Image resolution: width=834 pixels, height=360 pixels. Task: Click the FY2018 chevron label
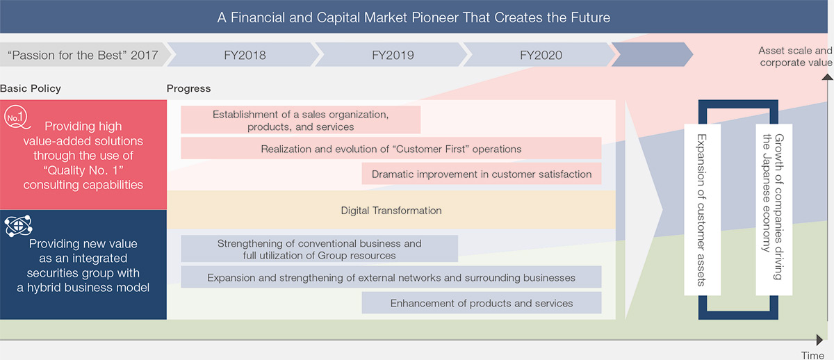[x=245, y=55]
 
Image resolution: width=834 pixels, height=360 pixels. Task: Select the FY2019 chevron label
[x=393, y=55]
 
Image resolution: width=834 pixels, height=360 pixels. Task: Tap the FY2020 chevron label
[x=541, y=55]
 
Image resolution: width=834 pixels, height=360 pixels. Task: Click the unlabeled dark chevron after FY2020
[x=653, y=54]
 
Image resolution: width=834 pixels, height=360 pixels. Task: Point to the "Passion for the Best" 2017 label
[x=83, y=55]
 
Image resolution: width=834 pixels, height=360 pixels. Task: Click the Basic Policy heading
[x=31, y=88]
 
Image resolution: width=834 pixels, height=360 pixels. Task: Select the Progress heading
[x=188, y=88]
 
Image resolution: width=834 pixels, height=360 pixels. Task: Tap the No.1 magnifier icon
[x=17, y=117]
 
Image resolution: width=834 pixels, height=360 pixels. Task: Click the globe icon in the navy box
[x=19, y=226]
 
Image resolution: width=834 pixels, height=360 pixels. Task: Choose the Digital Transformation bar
[x=391, y=210]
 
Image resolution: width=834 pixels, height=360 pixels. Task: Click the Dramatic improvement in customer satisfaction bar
[x=482, y=174]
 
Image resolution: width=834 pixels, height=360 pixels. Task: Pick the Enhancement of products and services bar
[x=482, y=303]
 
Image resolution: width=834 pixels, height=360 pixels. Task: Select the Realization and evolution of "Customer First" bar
[x=391, y=148]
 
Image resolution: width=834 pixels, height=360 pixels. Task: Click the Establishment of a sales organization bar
[x=300, y=120]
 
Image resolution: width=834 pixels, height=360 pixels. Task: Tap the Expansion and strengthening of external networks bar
[x=391, y=277]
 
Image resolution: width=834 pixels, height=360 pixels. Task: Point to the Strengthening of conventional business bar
[x=320, y=249]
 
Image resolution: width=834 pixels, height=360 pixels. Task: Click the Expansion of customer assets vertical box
[x=702, y=210]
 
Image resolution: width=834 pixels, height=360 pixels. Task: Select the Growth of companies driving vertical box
[x=774, y=210]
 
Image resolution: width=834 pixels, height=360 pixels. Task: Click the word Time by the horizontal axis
[x=812, y=355]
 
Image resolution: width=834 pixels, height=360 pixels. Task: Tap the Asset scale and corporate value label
[x=796, y=56]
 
